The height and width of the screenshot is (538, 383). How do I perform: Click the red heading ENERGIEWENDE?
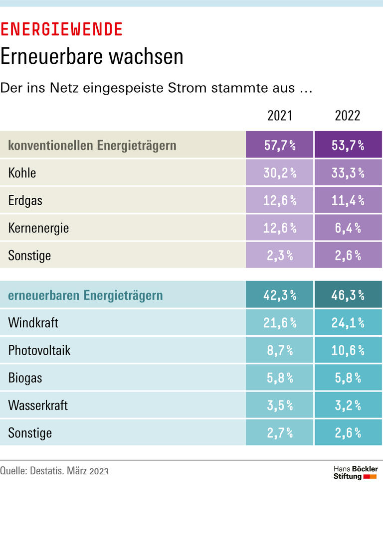coord(61,30)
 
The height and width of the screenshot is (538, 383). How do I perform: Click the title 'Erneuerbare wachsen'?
coord(92,57)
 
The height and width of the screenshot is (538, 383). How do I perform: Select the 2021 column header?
coord(280,116)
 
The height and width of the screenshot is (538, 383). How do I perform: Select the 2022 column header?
coord(348,116)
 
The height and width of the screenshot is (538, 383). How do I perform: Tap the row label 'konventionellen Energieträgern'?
coord(92,145)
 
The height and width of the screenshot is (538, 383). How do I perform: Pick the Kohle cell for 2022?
coord(348,173)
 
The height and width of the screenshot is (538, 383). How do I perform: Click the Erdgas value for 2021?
coord(280,200)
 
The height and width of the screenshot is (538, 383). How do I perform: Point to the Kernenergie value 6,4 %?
coord(348,228)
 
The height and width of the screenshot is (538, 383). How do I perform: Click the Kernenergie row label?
coord(38,228)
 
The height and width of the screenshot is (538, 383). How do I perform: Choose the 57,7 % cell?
coord(280,145)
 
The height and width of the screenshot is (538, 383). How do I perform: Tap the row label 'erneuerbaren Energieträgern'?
coord(85,295)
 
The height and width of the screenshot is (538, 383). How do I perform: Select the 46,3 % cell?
coord(348,295)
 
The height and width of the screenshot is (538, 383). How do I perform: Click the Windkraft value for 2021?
coord(280,323)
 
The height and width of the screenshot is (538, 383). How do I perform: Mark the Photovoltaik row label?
coord(39,350)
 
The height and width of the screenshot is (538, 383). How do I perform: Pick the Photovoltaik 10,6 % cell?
coord(348,350)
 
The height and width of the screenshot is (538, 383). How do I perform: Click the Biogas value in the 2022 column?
coord(348,378)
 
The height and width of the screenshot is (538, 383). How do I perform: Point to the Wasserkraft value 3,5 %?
coord(280,405)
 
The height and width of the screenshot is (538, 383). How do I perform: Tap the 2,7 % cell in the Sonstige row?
coord(280,432)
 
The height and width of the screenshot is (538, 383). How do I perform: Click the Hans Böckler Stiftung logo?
coord(355,473)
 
